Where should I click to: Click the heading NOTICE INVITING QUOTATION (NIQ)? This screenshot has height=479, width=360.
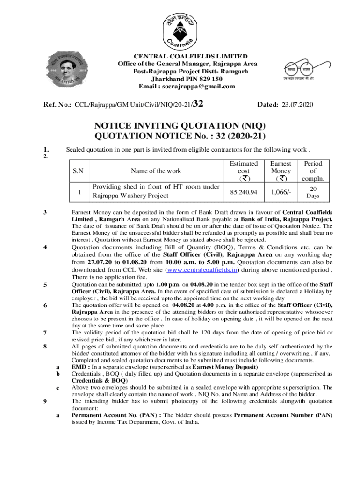point(180,126)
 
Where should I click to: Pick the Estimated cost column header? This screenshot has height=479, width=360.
point(243,171)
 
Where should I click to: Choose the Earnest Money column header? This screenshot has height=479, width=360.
point(281,171)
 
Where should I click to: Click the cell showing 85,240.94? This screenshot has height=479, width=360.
point(243,191)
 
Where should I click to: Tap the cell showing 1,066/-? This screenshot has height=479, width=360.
point(281,191)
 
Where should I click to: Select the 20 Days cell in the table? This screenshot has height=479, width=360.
point(313,191)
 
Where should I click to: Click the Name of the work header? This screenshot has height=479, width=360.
point(156,171)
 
